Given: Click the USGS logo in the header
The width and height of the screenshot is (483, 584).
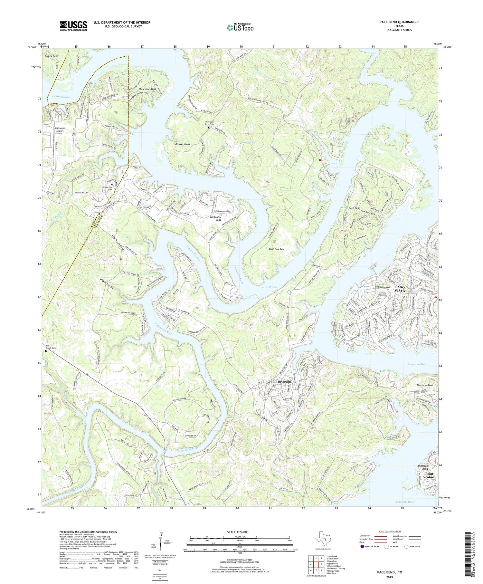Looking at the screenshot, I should [73, 26].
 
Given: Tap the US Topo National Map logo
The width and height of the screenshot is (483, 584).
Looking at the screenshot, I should [240, 27].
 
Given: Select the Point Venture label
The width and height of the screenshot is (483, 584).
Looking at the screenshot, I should [430, 475].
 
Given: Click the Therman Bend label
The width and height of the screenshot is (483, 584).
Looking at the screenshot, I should [424, 385].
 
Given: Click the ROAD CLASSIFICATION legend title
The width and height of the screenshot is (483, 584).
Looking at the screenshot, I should [389, 532].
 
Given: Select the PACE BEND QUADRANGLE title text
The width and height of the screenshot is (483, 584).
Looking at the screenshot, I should [399, 22].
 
